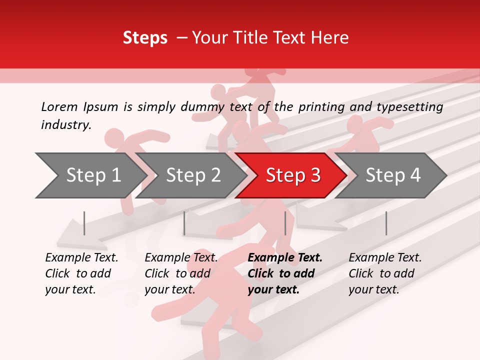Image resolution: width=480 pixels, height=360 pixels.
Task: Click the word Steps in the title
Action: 145,38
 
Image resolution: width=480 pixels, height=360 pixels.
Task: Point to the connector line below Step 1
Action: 84,223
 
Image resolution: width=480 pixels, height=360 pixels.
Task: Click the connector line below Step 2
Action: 184,223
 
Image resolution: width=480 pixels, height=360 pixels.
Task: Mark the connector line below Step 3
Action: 285,223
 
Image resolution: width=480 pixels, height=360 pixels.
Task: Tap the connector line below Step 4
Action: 386,223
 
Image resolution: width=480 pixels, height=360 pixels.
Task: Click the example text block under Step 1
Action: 81,273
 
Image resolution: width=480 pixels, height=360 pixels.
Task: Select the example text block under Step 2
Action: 181,273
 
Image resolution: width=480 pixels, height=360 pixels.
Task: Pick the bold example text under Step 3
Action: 285,273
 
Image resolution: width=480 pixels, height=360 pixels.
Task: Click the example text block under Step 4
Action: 385,273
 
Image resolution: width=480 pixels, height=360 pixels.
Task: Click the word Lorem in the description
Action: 59,106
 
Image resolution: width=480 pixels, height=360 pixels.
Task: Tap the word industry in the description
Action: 65,125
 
